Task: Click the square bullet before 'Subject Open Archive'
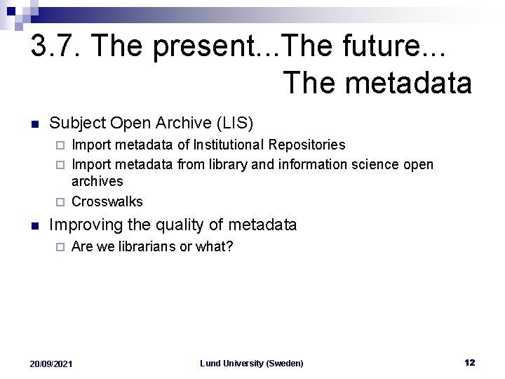click(33, 124)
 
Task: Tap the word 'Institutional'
click(234, 145)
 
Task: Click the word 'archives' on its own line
click(97, 181)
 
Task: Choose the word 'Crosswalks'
click(107, 201)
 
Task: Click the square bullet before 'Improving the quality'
click(33, 226)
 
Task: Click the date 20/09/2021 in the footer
click(51, 364)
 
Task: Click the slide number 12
click(469, 362)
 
